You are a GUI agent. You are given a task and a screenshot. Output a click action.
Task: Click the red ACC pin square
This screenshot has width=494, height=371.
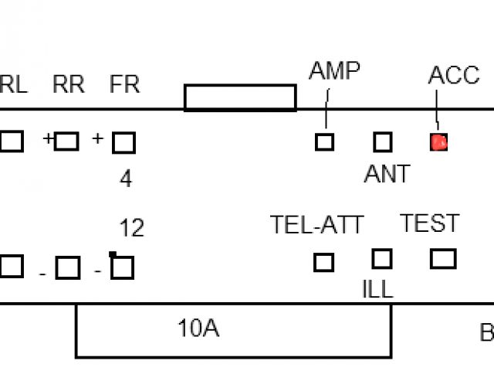(x=438, y=142)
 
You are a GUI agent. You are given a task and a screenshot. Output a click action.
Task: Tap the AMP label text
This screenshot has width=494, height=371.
(x=334, y=71)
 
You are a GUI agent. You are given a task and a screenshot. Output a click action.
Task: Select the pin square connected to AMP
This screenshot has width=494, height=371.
(x=324, y=142)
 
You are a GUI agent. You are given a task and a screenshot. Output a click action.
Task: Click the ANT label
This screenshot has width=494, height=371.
(x=387, y=175)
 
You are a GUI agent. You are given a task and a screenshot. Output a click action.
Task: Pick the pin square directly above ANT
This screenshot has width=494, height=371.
(x=383, y=142)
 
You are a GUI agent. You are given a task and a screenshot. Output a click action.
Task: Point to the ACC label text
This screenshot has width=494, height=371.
(x=454, y=75)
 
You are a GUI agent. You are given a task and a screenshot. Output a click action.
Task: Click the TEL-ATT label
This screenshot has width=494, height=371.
(x=316, y=225)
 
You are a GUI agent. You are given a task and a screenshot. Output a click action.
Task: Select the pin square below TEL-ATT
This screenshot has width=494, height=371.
(x=324, y=263)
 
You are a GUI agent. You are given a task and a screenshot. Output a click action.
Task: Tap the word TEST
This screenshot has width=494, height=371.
(x=429, y=223)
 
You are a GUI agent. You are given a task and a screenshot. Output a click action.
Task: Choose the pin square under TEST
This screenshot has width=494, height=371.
(x=443, y=258)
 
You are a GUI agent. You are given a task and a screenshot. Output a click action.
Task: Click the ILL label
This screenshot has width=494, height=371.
(x=377, y=289)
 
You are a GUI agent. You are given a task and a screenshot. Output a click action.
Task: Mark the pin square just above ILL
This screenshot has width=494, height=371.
(x=382, y=258)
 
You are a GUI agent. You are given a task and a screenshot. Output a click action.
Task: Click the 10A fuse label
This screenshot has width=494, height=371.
(x=198, y=328)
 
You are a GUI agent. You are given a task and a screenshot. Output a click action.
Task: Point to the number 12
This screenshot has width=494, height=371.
(x=131, y=228)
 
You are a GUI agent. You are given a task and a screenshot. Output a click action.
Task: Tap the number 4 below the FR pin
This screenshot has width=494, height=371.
(x=126, y=179)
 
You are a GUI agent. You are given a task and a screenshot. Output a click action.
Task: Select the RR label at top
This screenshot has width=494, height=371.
(x=69, y=84)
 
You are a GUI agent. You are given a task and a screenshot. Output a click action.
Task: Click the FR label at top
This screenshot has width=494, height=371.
(x=125, y=84)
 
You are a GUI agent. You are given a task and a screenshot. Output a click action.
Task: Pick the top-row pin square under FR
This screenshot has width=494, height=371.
(x=123, y=142)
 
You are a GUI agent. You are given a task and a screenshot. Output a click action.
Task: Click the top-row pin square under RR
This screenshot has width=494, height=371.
(x=67, y=141)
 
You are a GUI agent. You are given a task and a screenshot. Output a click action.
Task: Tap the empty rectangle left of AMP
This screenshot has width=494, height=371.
(x=240, y=97)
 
